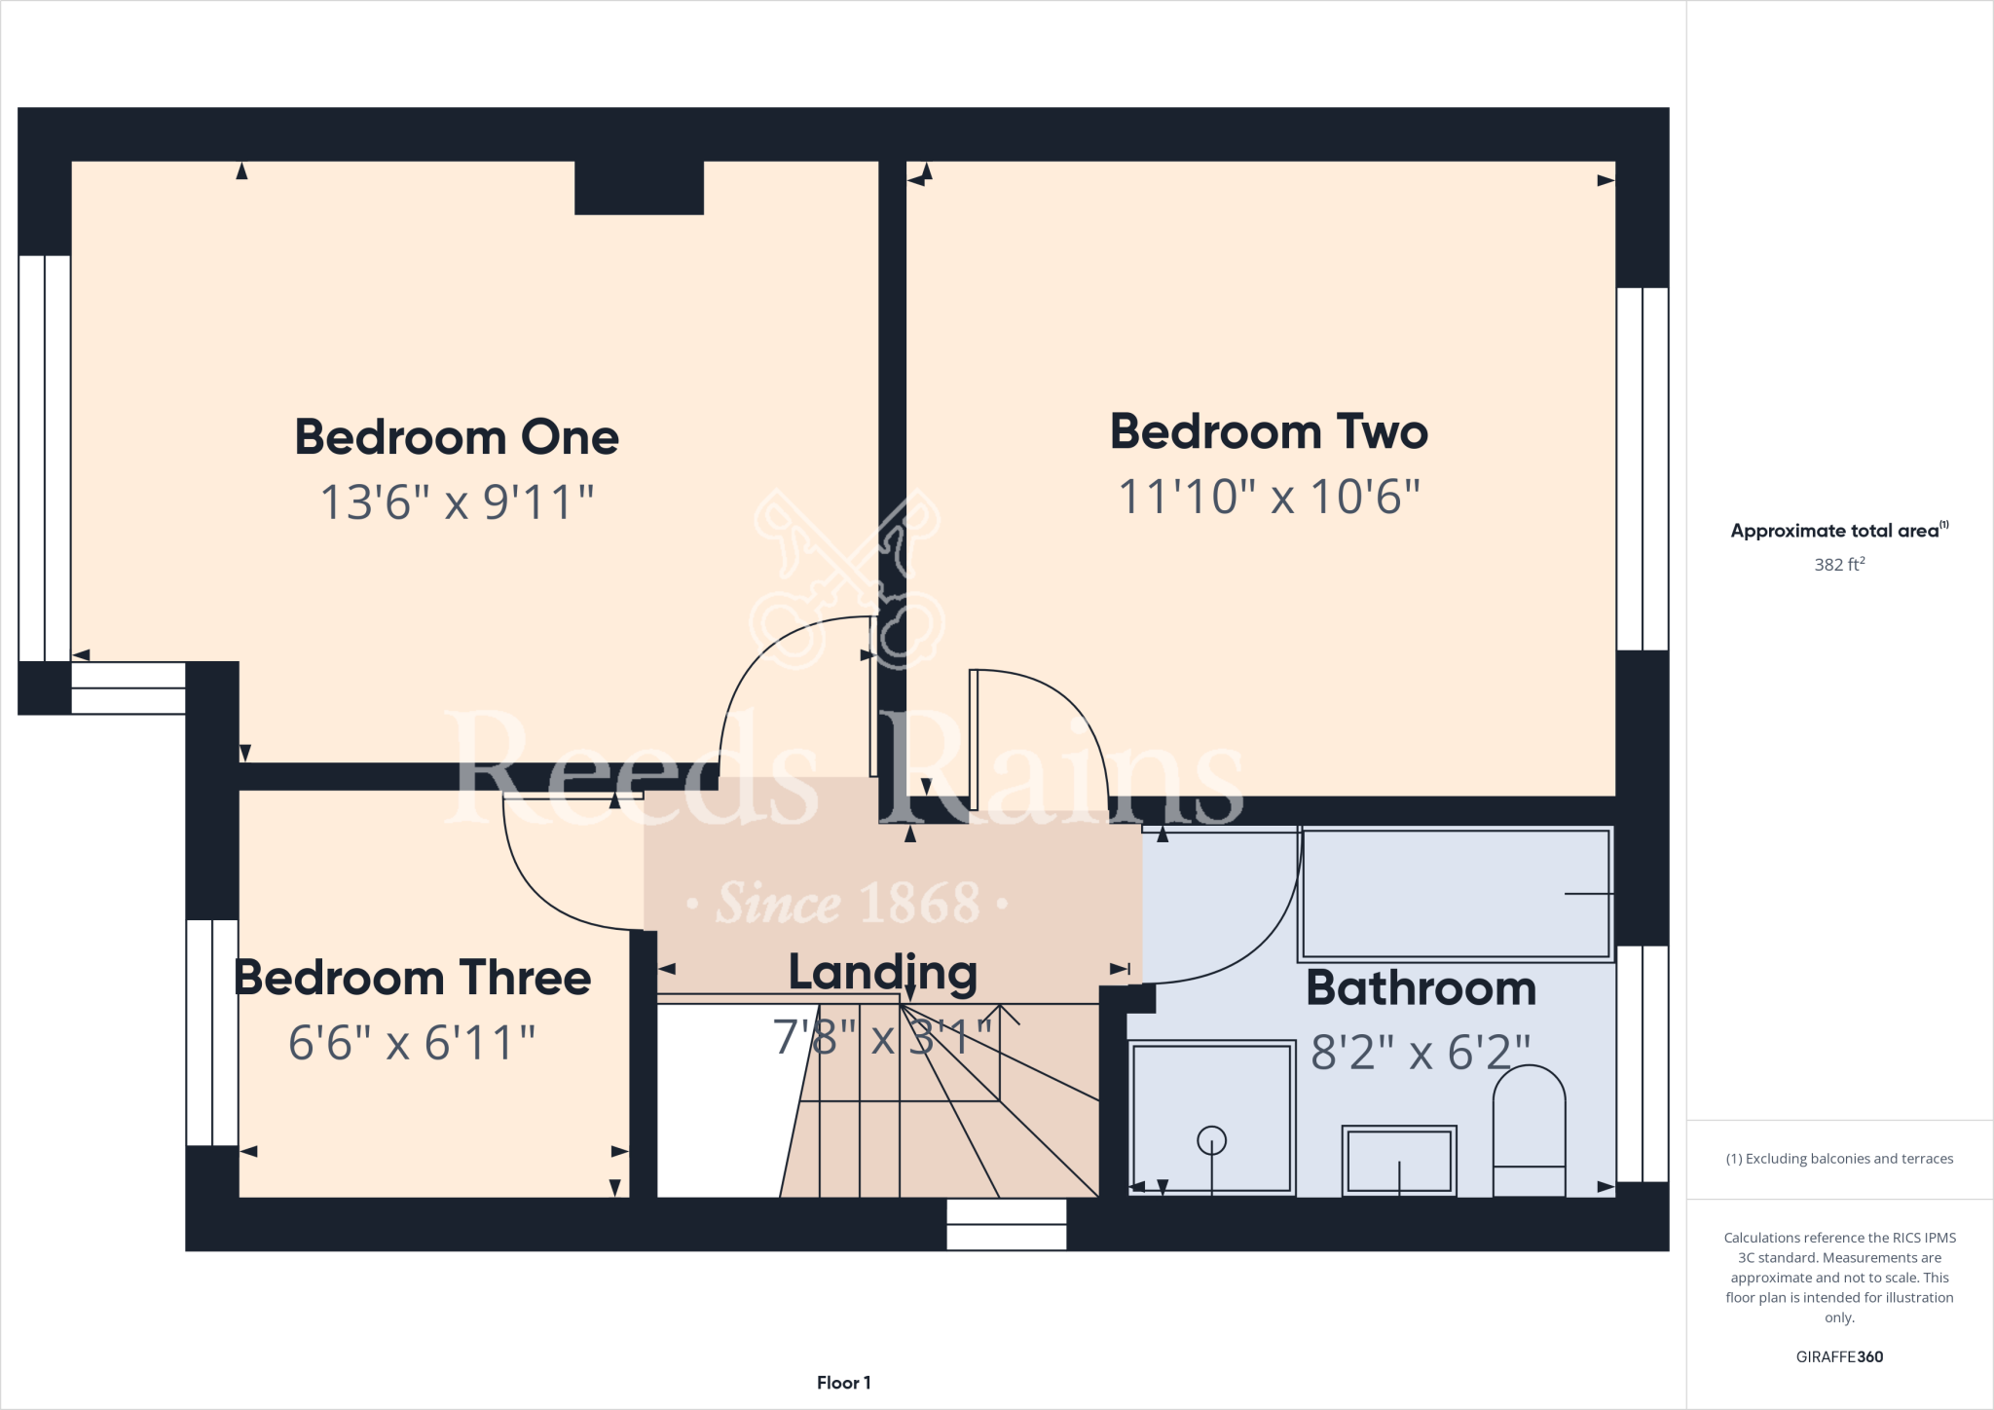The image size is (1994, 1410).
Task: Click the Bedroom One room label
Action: click(457, 437)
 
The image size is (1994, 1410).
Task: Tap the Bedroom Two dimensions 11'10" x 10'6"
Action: click(1269, 497)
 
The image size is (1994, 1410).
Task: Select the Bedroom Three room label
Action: click(413, 978)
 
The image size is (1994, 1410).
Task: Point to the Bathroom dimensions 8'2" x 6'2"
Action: click(1421, 1053)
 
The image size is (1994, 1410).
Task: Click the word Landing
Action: click(882, 973)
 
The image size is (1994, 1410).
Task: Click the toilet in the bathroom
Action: click(1529, 1130)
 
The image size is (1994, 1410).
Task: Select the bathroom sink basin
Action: click(1399, 1160)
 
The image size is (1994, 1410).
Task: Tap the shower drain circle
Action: click(1211, 1139)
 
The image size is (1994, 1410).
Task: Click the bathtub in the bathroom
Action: click(1456, 893)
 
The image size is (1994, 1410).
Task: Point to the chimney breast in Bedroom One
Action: click(639, 187)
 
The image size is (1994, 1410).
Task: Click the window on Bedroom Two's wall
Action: click(1643, 468)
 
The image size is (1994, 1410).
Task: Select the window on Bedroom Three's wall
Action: click(212, 1032)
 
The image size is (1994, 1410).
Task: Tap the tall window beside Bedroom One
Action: click(45, 458)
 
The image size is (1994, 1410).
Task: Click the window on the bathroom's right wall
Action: click(1643, 1063)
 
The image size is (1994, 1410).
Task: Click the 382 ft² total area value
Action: click(1839, 565)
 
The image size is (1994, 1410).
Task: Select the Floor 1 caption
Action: click(843, 1383)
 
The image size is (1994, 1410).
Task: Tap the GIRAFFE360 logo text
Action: click(1839, 1356)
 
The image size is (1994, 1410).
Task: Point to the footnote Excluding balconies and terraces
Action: click(1839, 1159)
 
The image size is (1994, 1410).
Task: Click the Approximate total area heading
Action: click(1837, 531)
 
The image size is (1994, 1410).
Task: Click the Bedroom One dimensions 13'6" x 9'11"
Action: click(457, 502)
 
